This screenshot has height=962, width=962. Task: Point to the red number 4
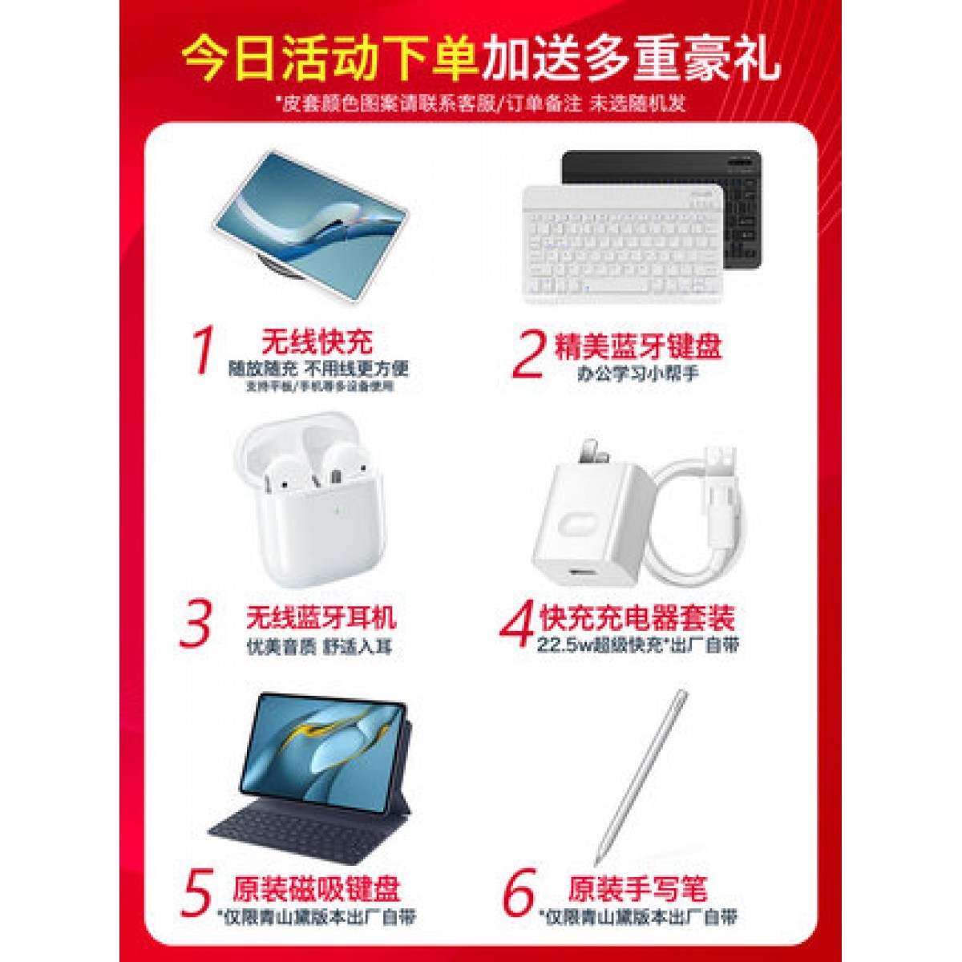[519, 624]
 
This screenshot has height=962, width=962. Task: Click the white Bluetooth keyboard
[621, 245]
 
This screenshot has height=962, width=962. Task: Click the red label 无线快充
[317, 342]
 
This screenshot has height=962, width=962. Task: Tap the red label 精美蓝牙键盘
[638, 346]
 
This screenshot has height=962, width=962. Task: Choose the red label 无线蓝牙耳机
[321, 617]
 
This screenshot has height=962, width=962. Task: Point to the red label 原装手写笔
[638, 890]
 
